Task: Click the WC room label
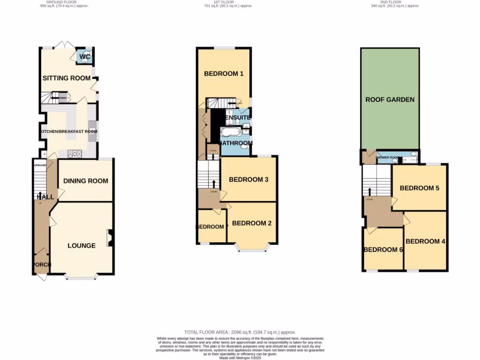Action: tap(84, 57)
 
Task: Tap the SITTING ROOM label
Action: tap(66, 78)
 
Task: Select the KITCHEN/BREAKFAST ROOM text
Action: tap(69, 132)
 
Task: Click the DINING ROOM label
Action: tap(86, 181)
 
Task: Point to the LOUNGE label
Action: tap(82, 246)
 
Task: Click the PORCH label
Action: tap(41, 265)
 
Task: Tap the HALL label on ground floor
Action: tap(45, 197)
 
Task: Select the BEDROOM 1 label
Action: tap(224, 74)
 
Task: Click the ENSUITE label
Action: tap(237, 118)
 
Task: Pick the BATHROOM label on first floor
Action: tap(236, 143)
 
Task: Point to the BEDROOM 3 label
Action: tap(248, 180)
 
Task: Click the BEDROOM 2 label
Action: tap(252, 223)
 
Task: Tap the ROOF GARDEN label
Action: tap(390, 99)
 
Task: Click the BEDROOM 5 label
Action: tap(419, 188)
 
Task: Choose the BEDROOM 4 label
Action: tap(425, 241)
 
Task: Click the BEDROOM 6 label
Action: tap(383, 250)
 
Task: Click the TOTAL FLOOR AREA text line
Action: tap(240, 332)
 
